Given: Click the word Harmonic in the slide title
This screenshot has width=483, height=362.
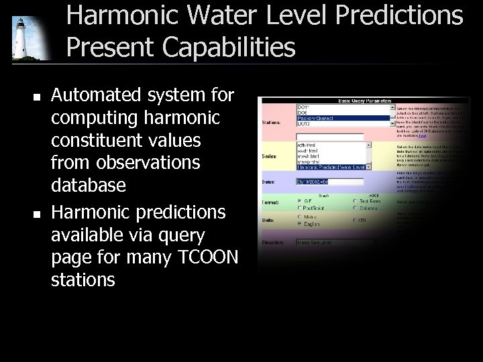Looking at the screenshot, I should [x=117, y=15].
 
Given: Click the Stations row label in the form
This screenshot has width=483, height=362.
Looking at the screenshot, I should [x=271, y=123].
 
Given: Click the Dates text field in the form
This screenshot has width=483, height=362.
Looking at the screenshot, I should [x=321, y=182].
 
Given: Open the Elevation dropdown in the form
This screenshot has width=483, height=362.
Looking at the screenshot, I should [x=335, y=243].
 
